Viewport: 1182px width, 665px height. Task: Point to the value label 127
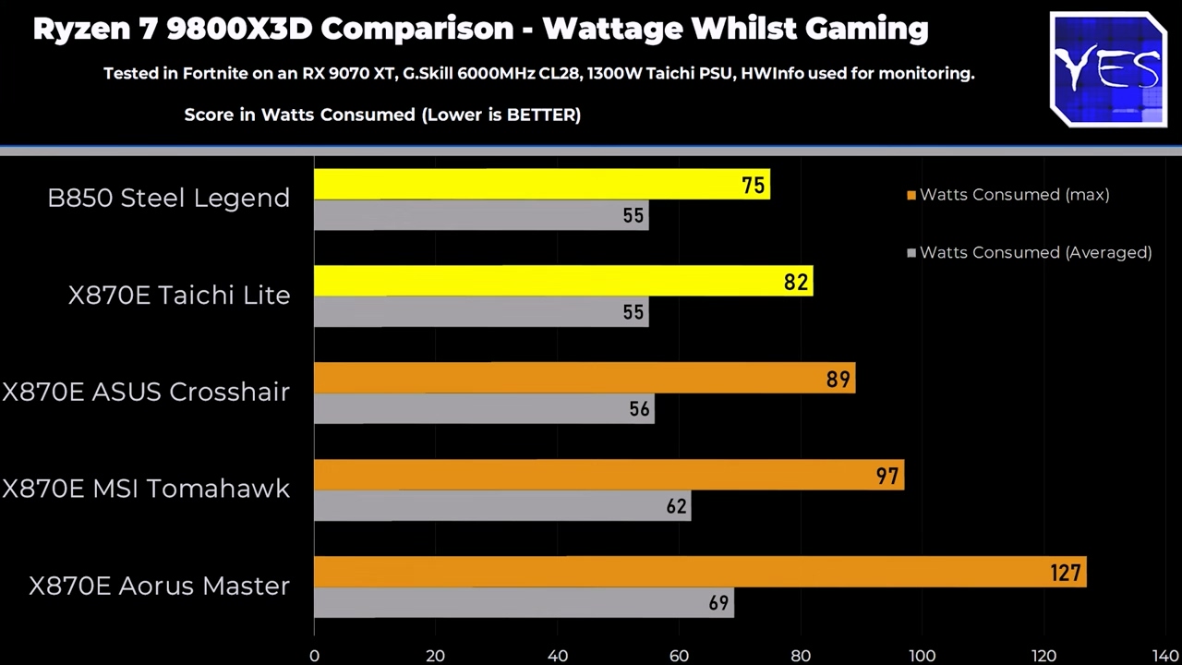[x=1065, y=574]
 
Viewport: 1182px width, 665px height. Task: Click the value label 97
[x=886, y=477]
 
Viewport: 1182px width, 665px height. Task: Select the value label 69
[x=718, y=603]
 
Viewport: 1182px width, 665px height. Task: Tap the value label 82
[x=795, y=283]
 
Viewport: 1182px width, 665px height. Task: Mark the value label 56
[x=639, y=409]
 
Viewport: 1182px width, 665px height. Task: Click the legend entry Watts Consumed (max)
[x=1014, y=195]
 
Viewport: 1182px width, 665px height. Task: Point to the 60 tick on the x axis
[x=679, y=656]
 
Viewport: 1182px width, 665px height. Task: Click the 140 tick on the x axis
[x=1165, y=656]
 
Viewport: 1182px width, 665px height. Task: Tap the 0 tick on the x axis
[x=315, y=656]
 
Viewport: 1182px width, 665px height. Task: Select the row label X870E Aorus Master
[x=159, y=586]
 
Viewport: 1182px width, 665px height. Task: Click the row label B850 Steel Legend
[x=168, y=198]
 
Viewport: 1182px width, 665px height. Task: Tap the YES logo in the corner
[x=1108, y=69]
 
